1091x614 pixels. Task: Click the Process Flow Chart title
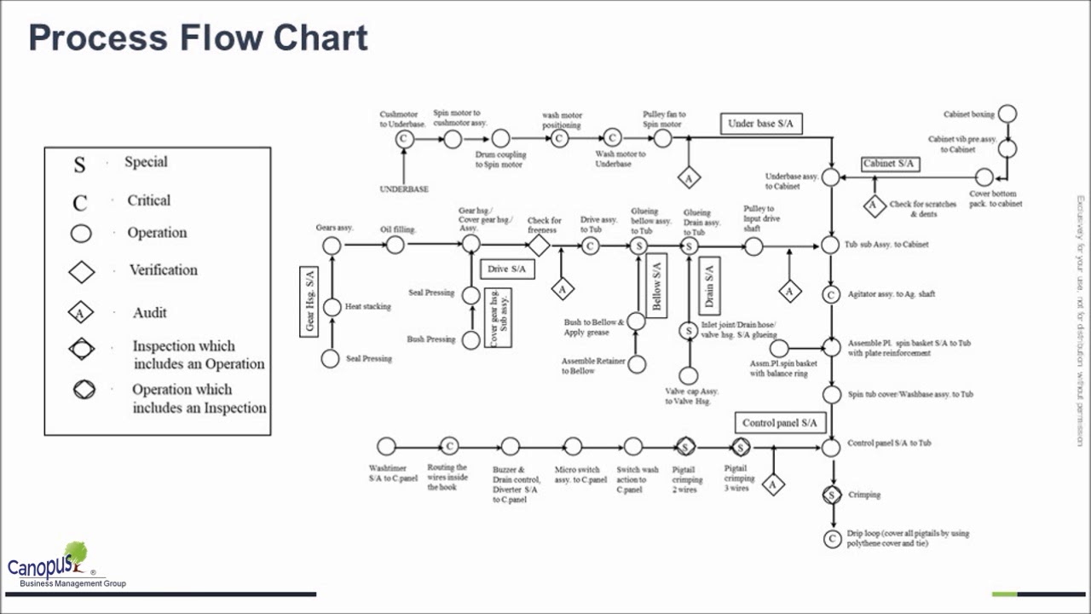coord(198,38)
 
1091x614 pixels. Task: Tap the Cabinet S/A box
coord(889,164)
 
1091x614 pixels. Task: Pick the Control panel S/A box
coord(779,423)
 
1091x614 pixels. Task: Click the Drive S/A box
coord(507,269)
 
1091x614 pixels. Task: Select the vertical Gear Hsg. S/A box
coord(309,301)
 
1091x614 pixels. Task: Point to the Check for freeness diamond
coord(538,246)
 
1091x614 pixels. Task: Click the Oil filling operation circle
coord(395,246)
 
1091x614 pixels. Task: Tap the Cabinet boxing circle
coord(1007,113)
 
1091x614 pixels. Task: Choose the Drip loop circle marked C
coord(832,539)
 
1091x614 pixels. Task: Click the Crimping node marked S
coord(832,495)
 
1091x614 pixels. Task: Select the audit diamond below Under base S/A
coord(689,177)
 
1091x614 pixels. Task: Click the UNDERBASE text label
coord(404,189)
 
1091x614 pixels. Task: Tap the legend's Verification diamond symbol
coord(82,271)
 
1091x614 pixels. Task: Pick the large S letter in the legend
coord(79,165)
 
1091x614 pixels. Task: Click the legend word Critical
coord(148,200)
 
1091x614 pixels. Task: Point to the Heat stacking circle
coord(332,307)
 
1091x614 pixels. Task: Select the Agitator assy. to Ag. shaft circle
coord(832,294)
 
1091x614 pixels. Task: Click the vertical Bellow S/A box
coord(657,286)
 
